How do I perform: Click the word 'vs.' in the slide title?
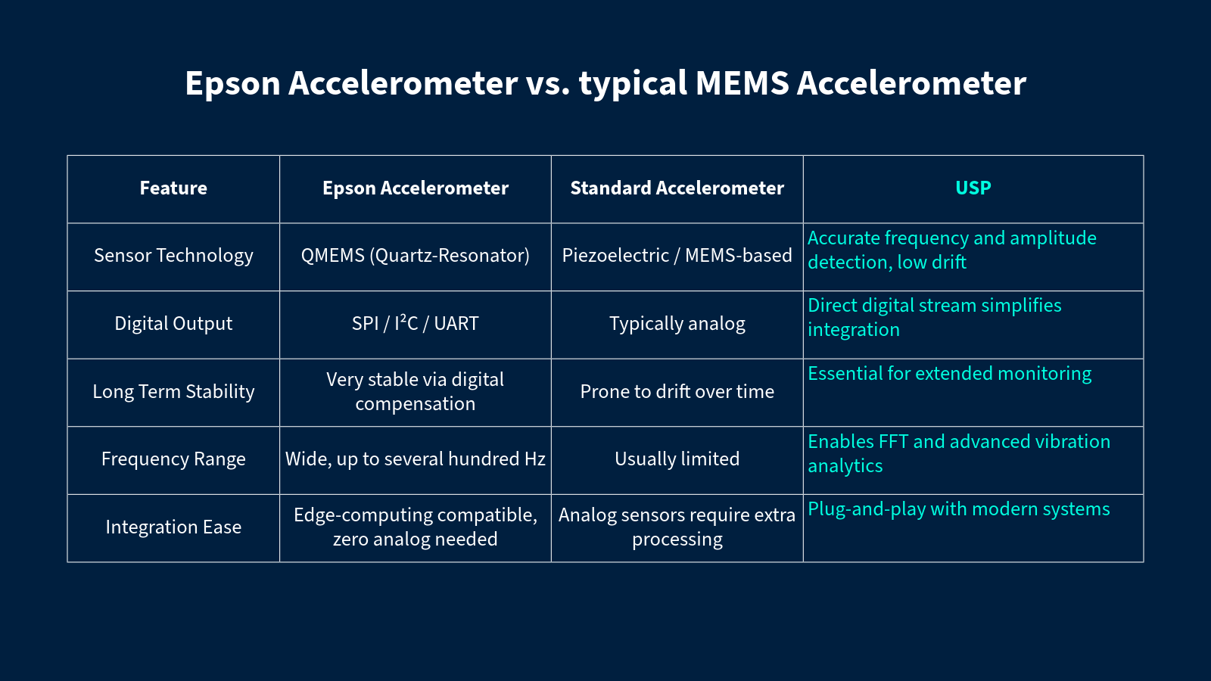pyautogui.click(x=548, y=84)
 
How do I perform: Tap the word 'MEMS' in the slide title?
pyautogui.click(x=742, y=83)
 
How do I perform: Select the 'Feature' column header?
pyautogui.click(x=173, y=188)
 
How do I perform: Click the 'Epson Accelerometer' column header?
pyautogui.click(x=416, y=188)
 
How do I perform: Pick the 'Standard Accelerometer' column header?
pyautogui.click(x=677, y=188)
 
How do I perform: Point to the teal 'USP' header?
pyautogui.click(x=973, y=188)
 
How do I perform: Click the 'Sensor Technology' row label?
pyautogui.click(x=173, y=256)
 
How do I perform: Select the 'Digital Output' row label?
pyautogui.click(x=173, y=323)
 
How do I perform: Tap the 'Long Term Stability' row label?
pyautogui.click(x=173, y=391)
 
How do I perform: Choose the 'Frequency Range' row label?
pyautogui.click(x=173, y=459)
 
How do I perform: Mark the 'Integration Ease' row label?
pyautogui.click(x=173, y=527)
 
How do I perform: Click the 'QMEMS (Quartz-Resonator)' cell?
pyautogui.click(x=416, y=256)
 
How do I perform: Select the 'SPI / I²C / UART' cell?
pyautogui.click(x=416, y=322)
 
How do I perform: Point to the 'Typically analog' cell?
pyautogui.click(x=677, y=323)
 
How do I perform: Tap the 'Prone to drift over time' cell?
pyautogui.click(x=677, y=391)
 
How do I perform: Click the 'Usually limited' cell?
pyautogui.click(x=677, y=459)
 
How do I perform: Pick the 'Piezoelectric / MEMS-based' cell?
pyautogui.click(x=677, y=256)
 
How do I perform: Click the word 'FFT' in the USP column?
pyautogui.click(x=893, y=442)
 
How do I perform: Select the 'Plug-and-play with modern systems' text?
pyautogui.click(x=958, y=509)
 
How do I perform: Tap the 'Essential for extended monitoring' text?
pyautogui.click(x=949, y=374)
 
